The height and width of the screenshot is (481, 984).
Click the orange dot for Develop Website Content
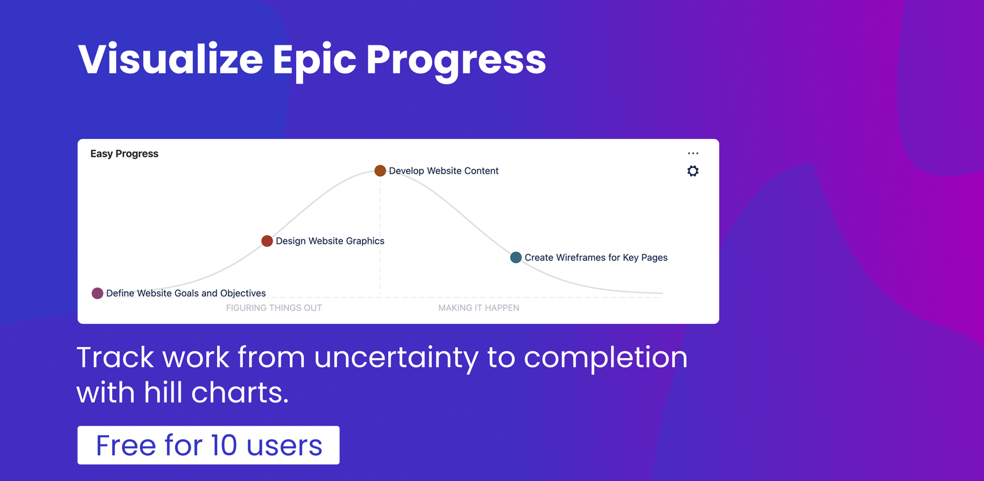click(380, 170)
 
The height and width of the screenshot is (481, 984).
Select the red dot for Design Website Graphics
click(267, 241)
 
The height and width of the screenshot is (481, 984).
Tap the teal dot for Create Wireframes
click(516, 258)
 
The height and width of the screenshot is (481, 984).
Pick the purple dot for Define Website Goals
click(97, 293)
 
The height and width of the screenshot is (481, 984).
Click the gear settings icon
click(693, 171)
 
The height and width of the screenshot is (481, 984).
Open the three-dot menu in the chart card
click(693, 153)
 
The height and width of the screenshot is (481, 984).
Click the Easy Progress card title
click(124, 154)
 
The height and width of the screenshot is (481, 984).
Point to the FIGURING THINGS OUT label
click(274, 308)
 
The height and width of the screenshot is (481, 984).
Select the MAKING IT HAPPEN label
click(479, 308)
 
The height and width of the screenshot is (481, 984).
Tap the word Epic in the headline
click(314, 59)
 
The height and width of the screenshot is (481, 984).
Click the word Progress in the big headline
click(456, 59)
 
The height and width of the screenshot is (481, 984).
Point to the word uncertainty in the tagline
click(396, 357)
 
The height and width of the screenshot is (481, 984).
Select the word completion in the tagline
click(605, 357)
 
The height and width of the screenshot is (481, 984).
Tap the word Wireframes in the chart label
click(581, 258)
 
